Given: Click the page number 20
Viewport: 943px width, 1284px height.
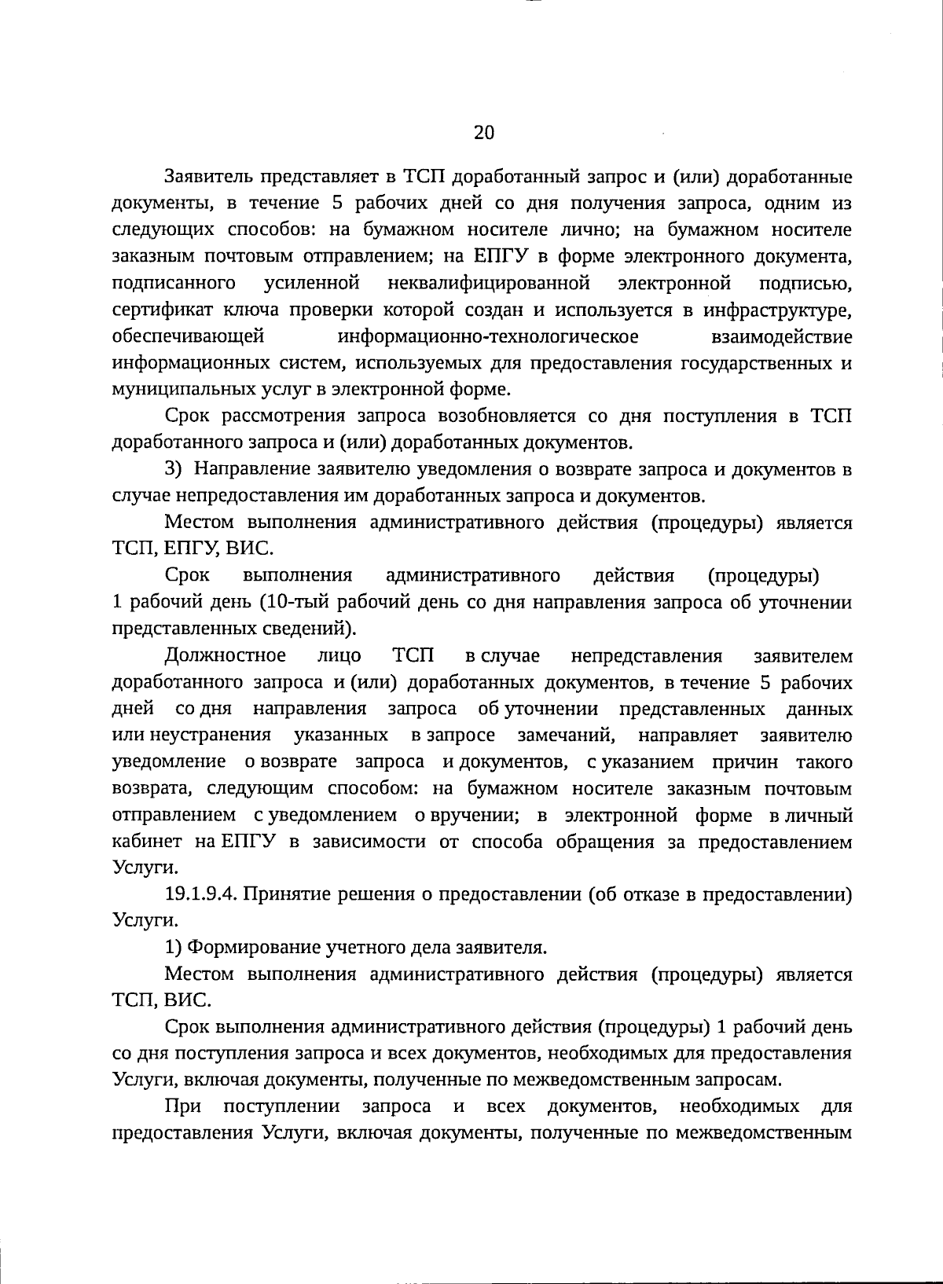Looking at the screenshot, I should (x=484, y=132).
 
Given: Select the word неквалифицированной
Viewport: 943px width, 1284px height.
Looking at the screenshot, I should (x=489, y=282).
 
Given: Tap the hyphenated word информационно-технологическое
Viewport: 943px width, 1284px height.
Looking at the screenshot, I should (x=487, y=337).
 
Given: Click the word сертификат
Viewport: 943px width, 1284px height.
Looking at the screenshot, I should (x=153, y=310).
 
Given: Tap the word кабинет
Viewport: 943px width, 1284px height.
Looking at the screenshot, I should (x=149, y=842).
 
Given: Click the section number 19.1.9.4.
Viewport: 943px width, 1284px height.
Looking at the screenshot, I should (x=201, y=895).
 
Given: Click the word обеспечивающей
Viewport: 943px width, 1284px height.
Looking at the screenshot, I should (x=188, y=337).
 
